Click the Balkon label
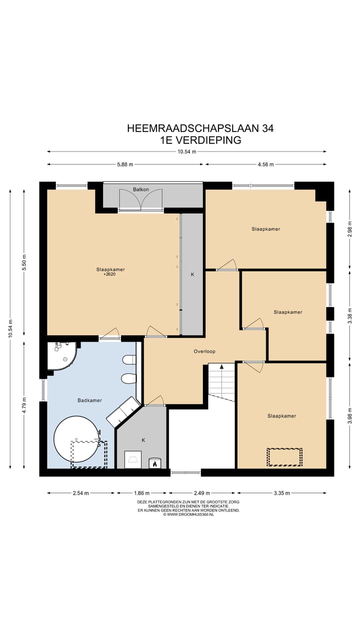[141, 189]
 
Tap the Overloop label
[204, 351]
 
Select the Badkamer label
[89, 400]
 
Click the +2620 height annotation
[109, 274]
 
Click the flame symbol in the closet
[154, 464]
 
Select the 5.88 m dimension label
[125, 164]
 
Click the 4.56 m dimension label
[265, 164]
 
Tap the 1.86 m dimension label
[141, 493]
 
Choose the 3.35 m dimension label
[281, 493]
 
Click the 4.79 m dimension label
[24, 405]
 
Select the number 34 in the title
[267, 128]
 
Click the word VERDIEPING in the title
[208, 140]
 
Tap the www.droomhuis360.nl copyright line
[188, 514]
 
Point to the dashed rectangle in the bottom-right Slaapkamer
[284, 457]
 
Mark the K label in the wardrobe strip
[192, 274]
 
